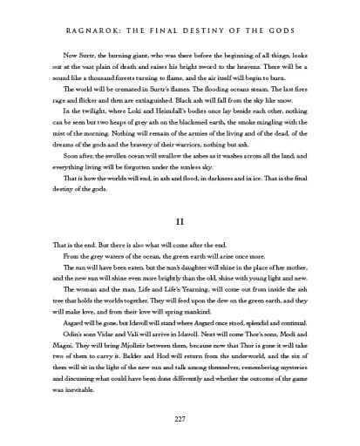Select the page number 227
pyautogui.click(x=180, y=421)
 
